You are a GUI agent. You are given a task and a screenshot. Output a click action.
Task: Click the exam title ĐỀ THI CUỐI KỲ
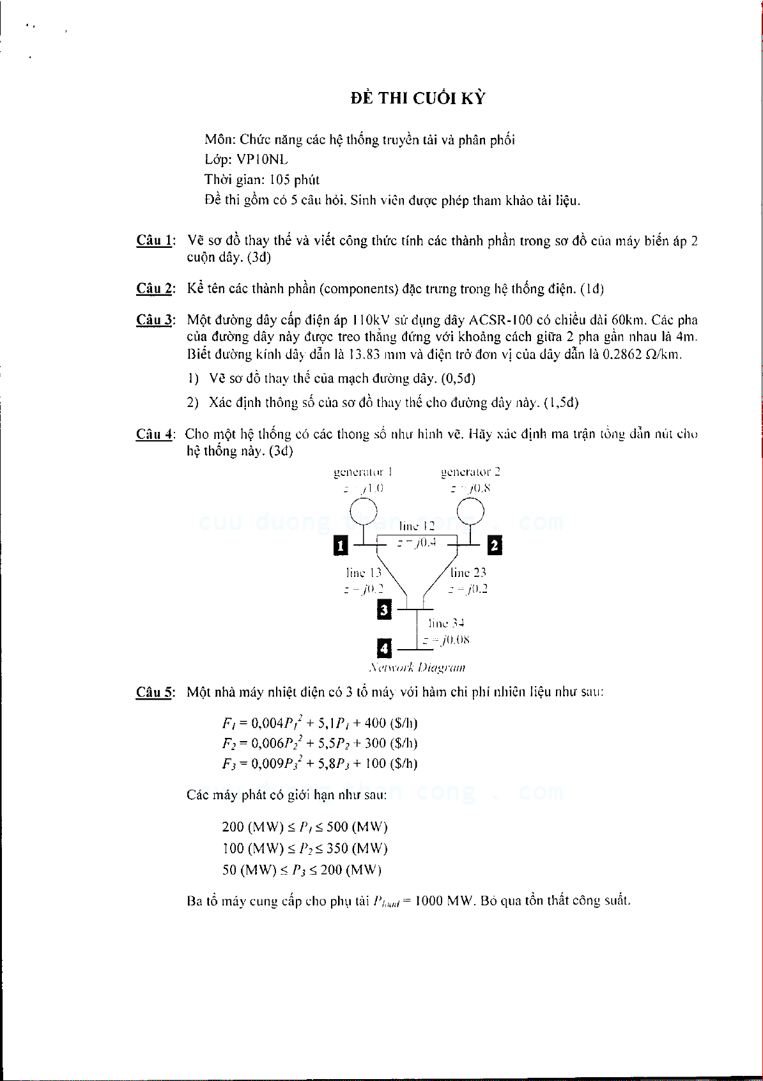click(x=418, y=98)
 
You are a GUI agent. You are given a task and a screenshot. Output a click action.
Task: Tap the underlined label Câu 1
click(x=154, y=241)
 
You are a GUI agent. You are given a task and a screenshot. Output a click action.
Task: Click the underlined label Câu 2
click(x=154, y=289)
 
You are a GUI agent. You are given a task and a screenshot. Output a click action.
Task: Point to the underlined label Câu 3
click(x=154, y=320)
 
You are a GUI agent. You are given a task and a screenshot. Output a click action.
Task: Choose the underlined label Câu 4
click(x=154, y=434)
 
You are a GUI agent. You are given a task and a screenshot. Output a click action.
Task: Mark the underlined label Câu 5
click(x=154, y=692)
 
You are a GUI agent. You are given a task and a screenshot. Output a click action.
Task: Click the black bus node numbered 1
click(x=341, y=546)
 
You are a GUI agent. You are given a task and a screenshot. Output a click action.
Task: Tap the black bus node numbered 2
click(x=494, y=546)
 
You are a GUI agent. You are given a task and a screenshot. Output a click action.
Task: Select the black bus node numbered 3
click(x=384, y=610)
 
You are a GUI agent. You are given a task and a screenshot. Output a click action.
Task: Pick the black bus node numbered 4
click(x=384, y=648)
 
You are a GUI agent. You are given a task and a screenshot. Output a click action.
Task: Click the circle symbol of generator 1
click(x=364, y=510)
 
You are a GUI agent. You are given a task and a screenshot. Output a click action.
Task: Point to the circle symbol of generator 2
click(x=471, y=510)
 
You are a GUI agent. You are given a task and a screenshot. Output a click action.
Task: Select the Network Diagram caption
click(x=417, y=668)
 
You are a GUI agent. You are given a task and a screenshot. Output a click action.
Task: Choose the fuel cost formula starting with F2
click(x=320, y=743)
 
